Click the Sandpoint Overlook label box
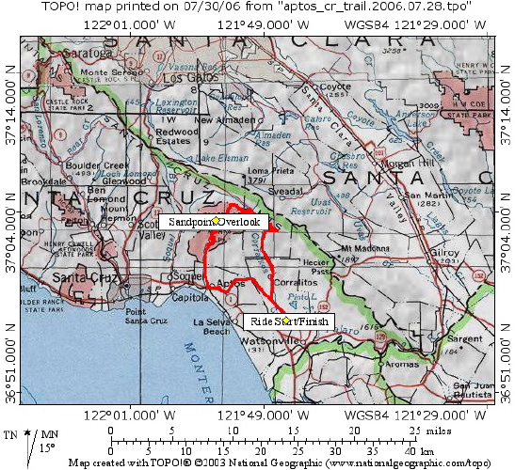tap(214, 220)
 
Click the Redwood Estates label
tap(177, 137)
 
